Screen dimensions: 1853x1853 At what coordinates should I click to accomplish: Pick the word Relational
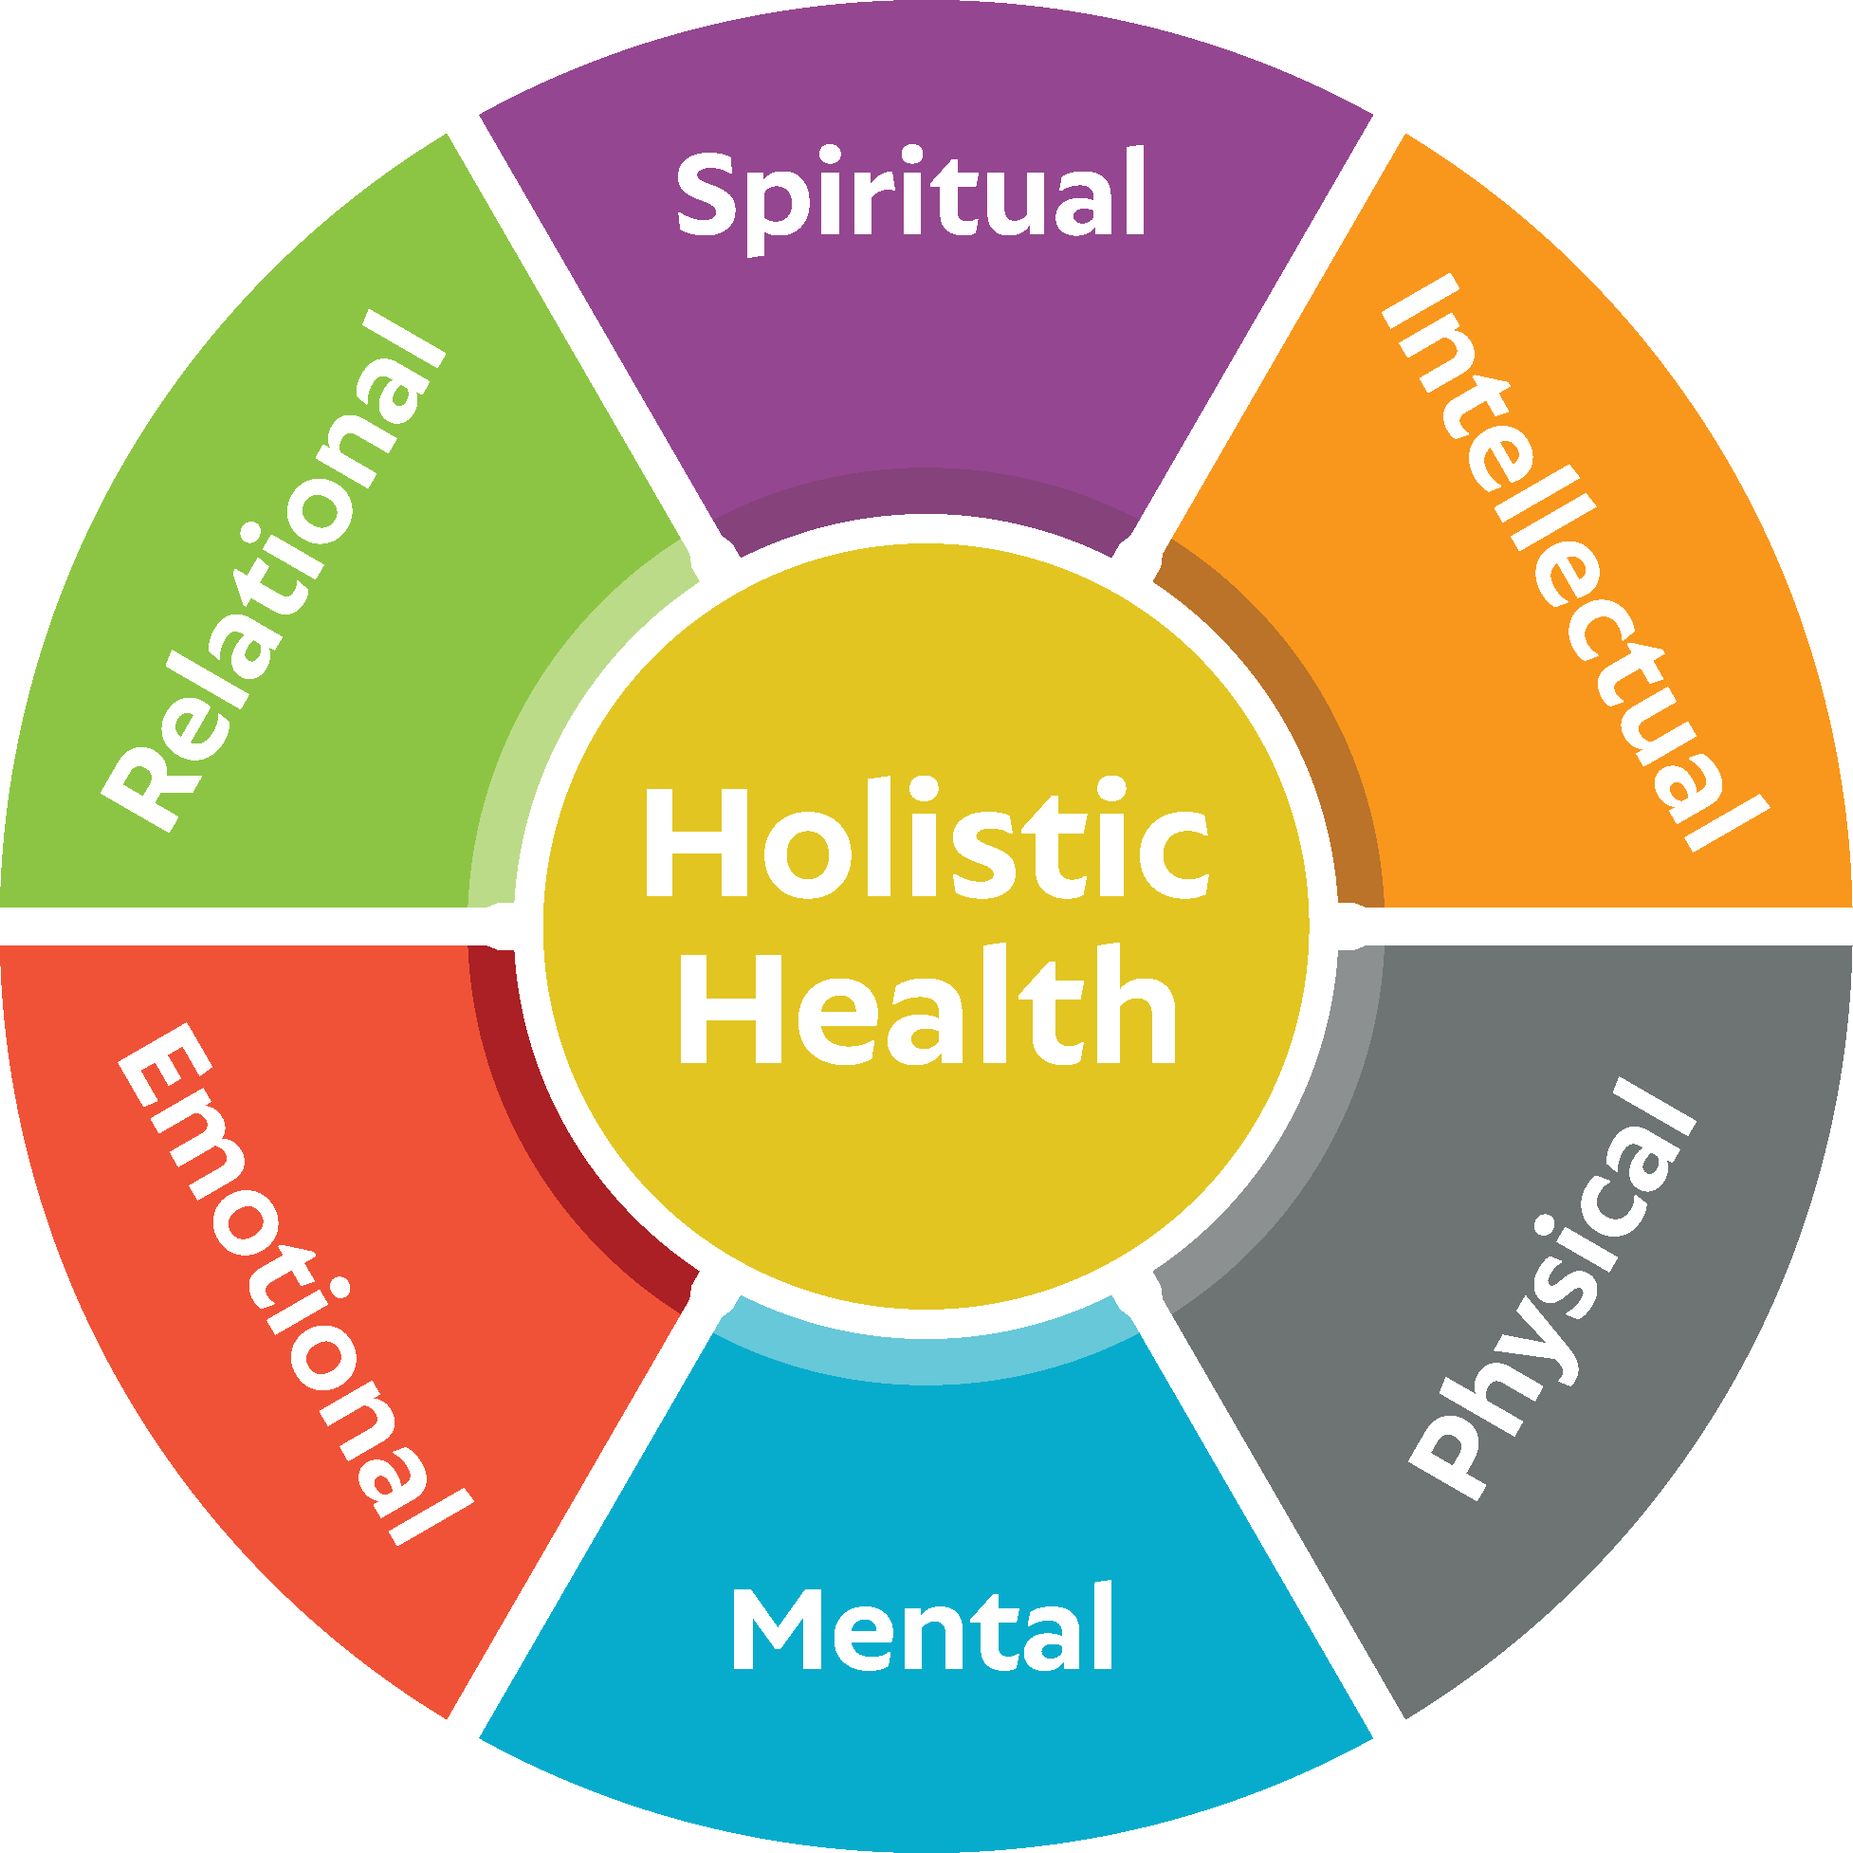point(273,572)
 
